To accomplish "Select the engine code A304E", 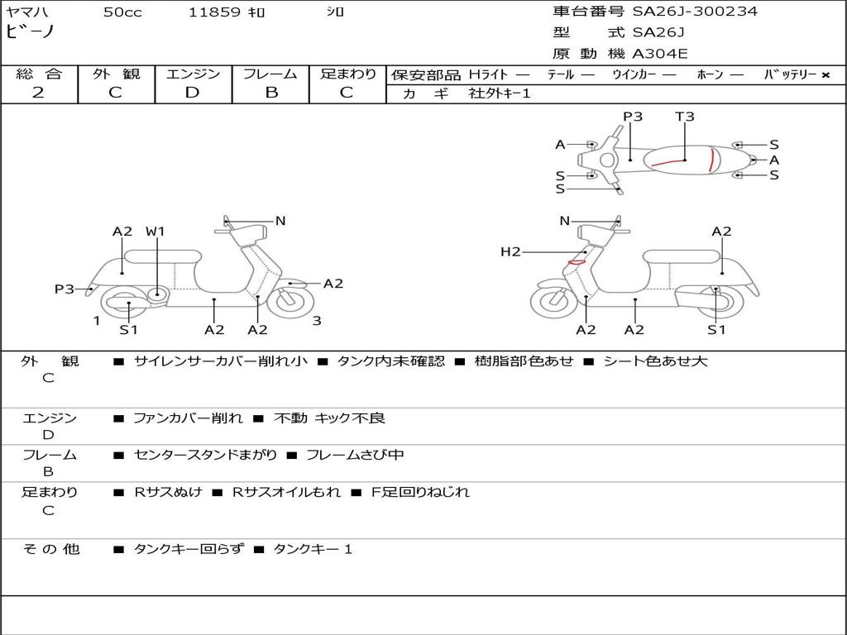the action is click(x=660, y=55).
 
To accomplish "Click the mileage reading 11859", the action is click(x=214, y=12).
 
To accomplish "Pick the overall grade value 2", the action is click(x=38, y=93).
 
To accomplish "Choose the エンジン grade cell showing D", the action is click(x=193, y=93).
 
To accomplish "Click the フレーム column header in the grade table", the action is click(x=270, y=74).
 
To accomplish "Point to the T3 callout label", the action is click(x=685, y=117).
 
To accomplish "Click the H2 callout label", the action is click(x=510, y=251).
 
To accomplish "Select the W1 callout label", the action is click(x=156, y=232).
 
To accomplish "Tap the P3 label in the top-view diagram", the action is click(x=633, y=117).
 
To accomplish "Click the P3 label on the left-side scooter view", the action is click(x=65, y=289).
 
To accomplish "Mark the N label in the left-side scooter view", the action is click(x=280, y=221).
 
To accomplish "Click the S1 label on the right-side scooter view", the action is click(x=716, y=330).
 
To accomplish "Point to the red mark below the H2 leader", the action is click(x=576, y=262).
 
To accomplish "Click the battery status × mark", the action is click(x=825, y=75).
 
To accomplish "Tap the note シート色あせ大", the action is click(x=656, y=361).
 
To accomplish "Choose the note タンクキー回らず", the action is click(x=189, y=549).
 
